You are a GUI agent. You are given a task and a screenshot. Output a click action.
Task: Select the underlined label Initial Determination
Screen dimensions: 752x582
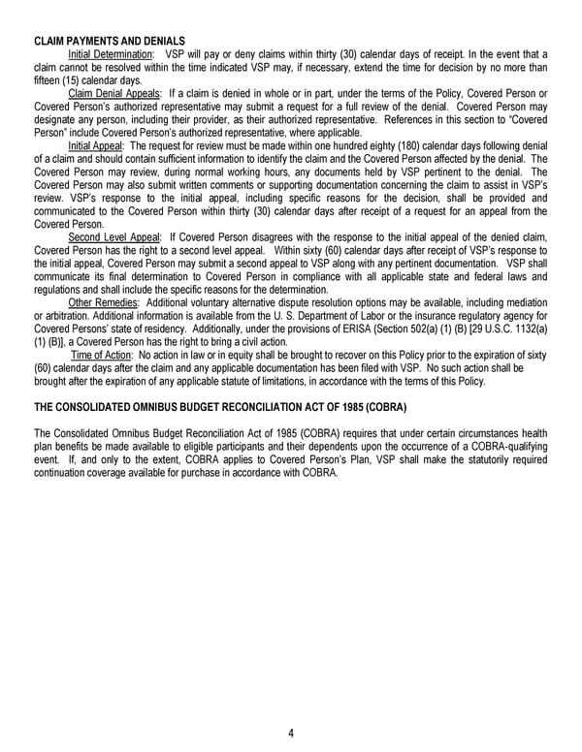[x=111, y=54]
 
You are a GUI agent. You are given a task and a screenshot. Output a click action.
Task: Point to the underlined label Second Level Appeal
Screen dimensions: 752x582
[x=114, y=235]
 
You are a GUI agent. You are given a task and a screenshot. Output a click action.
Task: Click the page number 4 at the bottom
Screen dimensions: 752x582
[x=291, y=733]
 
